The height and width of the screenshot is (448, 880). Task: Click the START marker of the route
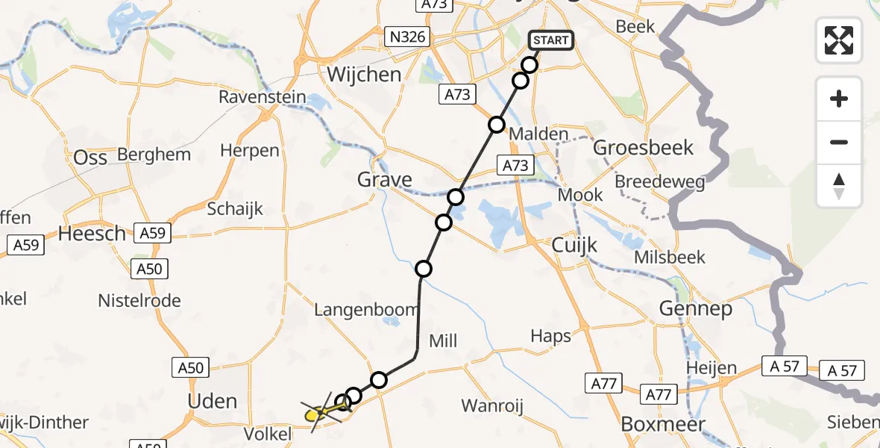point(551,40)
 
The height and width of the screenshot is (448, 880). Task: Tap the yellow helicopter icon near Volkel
point(320,411)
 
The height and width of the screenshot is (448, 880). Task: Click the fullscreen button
point(839,40)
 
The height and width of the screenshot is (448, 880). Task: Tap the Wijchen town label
point(364,75)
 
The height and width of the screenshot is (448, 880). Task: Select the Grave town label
point(384,180)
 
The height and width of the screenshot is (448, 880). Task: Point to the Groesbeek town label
point(643,147)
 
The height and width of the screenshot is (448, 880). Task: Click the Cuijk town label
point(575,243)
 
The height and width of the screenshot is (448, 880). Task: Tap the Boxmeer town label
point(664,425)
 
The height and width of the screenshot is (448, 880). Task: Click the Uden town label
point(213,401)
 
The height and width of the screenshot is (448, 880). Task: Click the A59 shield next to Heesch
point(152,233)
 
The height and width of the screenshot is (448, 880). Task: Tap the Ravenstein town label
point(262,97)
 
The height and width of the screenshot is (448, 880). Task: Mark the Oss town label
point(90,158)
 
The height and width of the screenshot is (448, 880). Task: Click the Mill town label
point(442,341)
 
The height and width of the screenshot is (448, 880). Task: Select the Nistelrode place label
point(139,301)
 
